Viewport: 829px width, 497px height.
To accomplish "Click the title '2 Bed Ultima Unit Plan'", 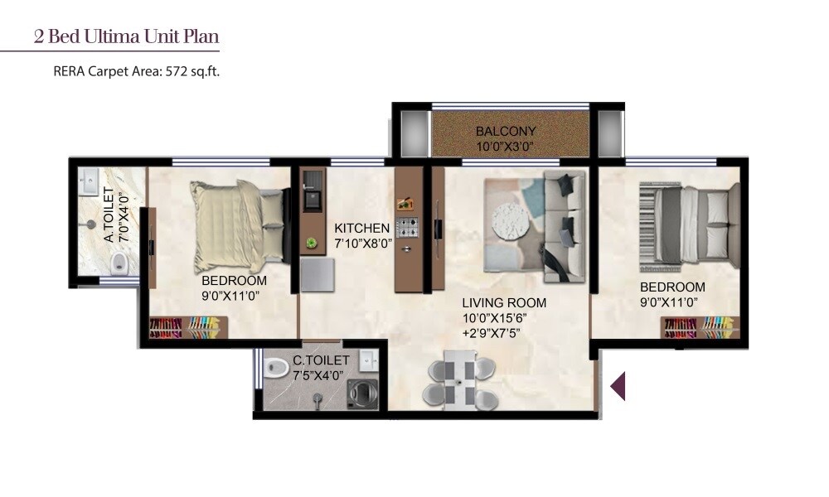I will click(126, 36).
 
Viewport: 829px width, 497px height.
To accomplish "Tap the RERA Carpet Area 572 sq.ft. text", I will click(136, 72).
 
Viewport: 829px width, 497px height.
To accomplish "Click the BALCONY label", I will click(505, 132).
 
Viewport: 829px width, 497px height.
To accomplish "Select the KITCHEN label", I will click(361, 228).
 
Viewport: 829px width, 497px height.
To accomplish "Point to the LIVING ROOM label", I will click(504, 303).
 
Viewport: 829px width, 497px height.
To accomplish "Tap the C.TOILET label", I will click(321, 360).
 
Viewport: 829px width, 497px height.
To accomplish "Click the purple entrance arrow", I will click(618, 386).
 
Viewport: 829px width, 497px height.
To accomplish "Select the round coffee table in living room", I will click(510, 221).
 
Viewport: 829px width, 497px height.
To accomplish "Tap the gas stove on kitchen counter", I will click(405, 227).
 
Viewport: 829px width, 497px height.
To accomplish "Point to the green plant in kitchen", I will click(312, 243).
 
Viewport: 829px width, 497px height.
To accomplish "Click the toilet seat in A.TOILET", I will click(119, 263).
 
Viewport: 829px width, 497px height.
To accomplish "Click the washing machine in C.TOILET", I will click(361, 393).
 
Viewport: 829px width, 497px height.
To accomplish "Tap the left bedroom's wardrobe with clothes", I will click(184, 328).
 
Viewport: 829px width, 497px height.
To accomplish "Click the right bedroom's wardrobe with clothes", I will click(698, 327).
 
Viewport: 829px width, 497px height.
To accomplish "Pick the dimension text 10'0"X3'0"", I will click(505, 147).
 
